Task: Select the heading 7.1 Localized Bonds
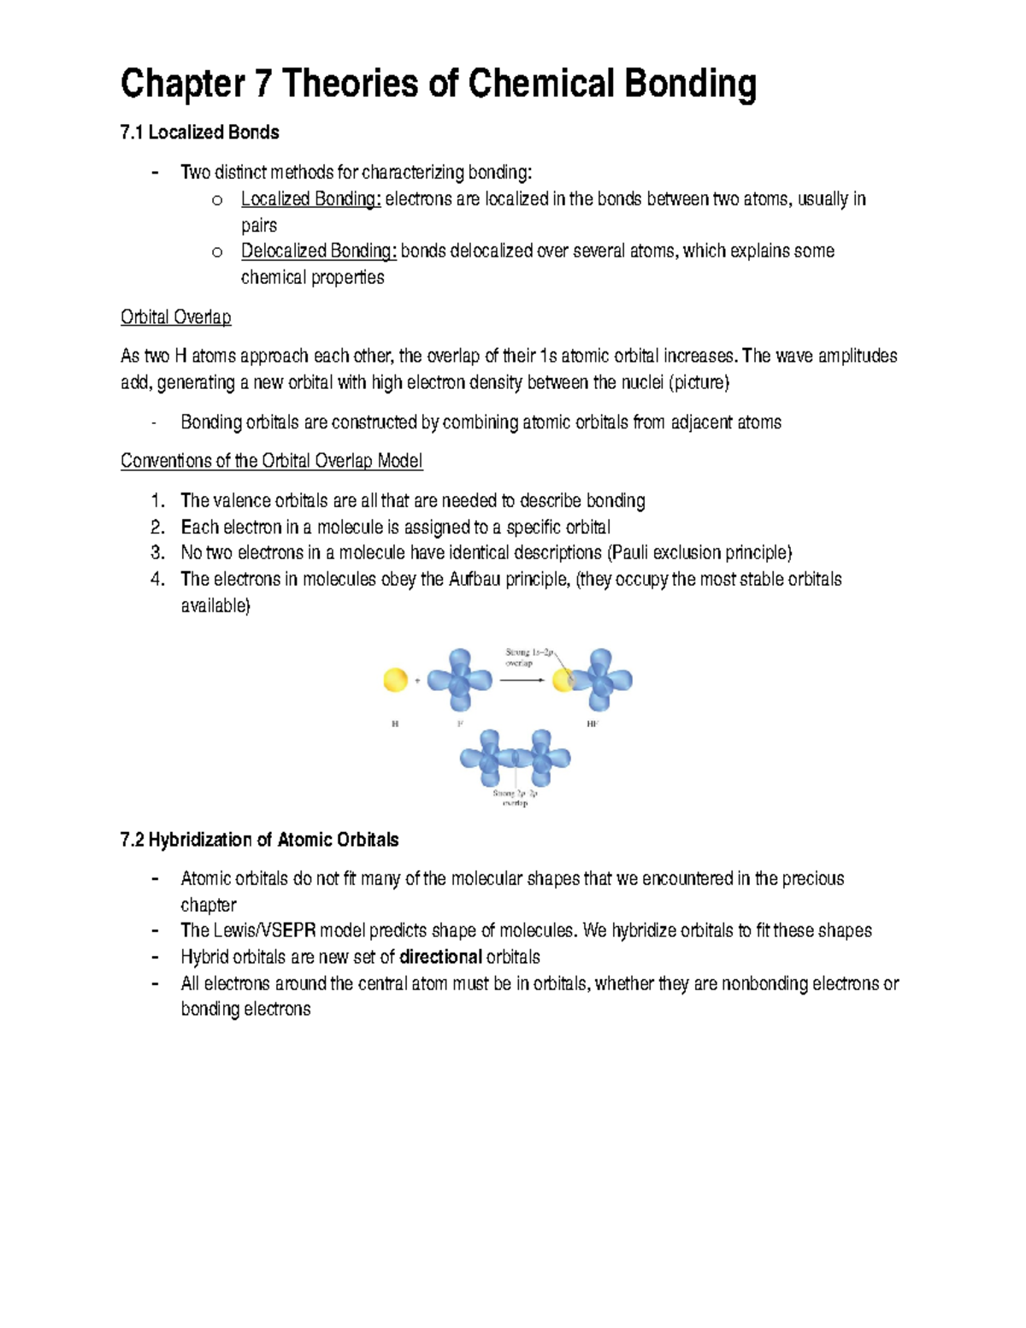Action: tap(199, 133)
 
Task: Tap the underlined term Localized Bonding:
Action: tap(310, 199)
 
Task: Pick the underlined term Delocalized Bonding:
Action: tap(319, 251)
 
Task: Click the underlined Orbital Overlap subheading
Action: tap(175, 317)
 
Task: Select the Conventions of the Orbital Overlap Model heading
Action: tap(271, 461)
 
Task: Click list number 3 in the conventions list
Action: tap(156, 552)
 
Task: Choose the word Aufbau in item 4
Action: tap(474, 579)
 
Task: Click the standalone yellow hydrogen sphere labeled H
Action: tap(395, 681)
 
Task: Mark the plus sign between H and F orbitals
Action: tap(417, 681)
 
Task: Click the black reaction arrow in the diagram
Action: tap(522, 681)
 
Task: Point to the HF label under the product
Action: tap(593, 724)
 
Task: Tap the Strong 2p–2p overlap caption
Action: tap(515, 798)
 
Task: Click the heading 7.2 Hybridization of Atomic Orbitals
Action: tap(259, 840)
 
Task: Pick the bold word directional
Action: tap(440, 957)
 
